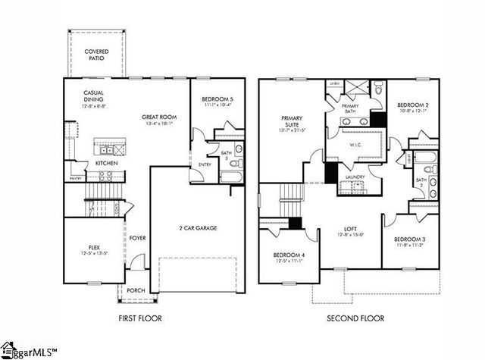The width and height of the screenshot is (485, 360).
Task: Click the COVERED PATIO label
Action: coord(95,55)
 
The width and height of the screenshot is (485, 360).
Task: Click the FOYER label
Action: coord(136,238)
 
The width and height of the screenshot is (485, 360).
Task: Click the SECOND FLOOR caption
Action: coord(355,318)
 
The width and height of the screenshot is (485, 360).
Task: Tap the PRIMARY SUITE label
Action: coord(292,122)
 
